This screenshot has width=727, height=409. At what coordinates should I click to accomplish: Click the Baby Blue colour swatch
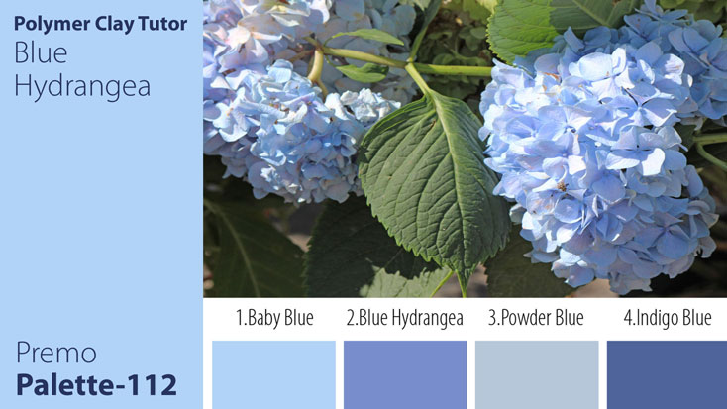point(273,374)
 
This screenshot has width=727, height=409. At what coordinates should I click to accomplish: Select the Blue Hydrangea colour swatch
point(405,374)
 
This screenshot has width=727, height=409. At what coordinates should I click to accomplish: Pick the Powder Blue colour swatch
point(537,374)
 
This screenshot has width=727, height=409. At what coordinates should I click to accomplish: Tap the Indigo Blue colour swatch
point(667,374)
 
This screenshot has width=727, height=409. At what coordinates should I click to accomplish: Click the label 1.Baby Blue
point(274,318)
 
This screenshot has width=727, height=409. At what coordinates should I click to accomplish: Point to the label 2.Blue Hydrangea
point(404,318)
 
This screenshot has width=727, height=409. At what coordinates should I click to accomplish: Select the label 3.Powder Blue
point(536,318)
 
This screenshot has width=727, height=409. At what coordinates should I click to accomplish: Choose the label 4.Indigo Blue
point(667,318)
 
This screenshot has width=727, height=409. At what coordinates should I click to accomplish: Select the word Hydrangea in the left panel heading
point(82,86)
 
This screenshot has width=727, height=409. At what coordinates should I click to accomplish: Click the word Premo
point(55,353)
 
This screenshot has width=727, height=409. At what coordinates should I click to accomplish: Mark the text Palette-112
point(96,383)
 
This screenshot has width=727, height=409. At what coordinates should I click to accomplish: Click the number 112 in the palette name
point(148,383)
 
